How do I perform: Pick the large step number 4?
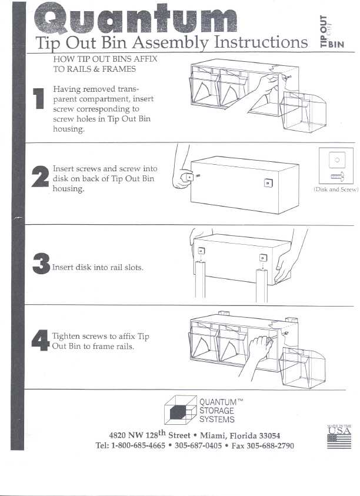(x=39, y=340)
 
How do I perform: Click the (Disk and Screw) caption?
(x=336, y=190)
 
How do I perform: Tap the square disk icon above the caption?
(x=336, y=159)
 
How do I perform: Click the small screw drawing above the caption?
(x=336, y=176)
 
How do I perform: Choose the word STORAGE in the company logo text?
(x=216, y=411)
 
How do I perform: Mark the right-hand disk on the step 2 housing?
(x=268, y=183)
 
